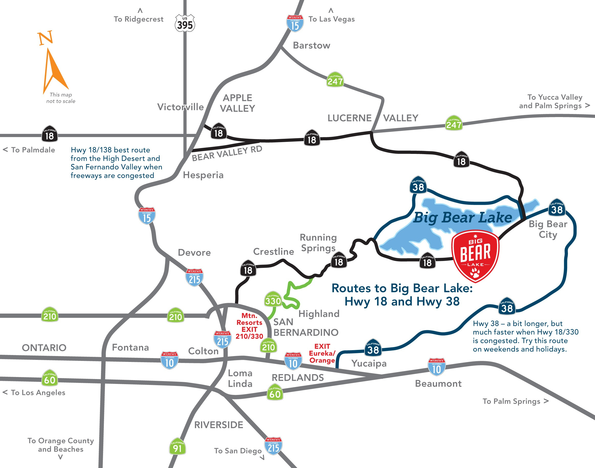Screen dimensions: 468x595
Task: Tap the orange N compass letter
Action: click(45, 38)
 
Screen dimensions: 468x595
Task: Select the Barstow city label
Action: click(312, 45)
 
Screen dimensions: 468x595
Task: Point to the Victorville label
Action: click(180, 107)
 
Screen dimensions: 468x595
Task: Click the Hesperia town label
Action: click(203, 175)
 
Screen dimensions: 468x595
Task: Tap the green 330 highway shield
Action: click(273, 300)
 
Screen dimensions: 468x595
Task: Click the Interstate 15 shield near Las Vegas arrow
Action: click(295, 24)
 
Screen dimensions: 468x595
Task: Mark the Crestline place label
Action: click(274, 252)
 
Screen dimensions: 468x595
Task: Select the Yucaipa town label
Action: click(369, 363)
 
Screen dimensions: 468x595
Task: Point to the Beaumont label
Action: click(438, 384)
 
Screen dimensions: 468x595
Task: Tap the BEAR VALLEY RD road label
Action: click(227, 153)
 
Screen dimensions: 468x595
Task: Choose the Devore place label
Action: click(194, 252)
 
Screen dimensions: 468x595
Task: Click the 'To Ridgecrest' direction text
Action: click(138, 19)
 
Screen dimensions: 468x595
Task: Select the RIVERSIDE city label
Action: click(218, 425)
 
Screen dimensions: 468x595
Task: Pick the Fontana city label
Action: click(130, 347)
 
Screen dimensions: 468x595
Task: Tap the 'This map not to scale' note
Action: click(61, 98)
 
